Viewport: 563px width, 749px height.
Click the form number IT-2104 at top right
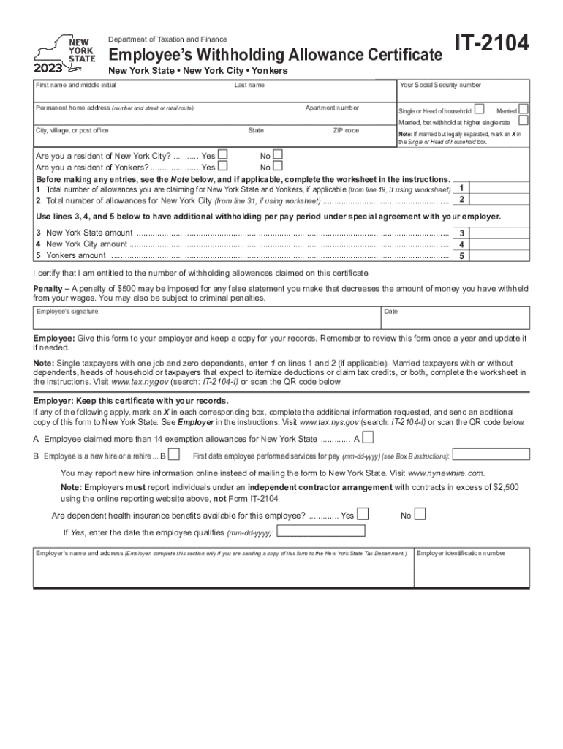pyautogui.click(x=492, y=46)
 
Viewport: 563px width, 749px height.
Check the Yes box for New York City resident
pyautogui.click(x=223, y=154)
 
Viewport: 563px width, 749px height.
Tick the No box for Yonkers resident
pyautogui.click(x=277, y=166)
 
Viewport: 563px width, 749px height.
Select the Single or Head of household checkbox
pyautogui.click(x=479, y=109)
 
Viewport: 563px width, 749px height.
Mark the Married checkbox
pyautogui.click(x=523, y=109)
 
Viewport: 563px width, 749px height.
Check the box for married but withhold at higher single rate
pyautogui.click(x=523, y=121)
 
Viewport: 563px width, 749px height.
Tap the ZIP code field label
pyautogui.click(x=345, y=130)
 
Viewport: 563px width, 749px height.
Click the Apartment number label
pyautogui.click(x=332, y=108)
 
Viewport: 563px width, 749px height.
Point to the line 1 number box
pyautogui.click(x=461, y=188)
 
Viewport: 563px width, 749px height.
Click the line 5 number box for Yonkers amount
pyautogui.click(x=461, y=256)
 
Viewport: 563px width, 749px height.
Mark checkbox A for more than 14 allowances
pyautogui.click(x=369, y=438)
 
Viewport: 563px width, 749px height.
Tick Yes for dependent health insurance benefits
pyautogui.click(x=363, y=514)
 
